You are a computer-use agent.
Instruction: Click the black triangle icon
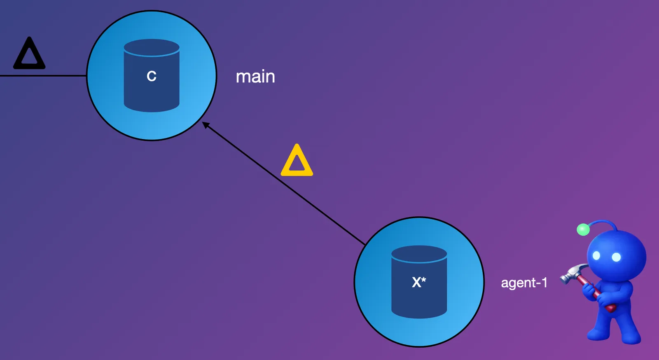click(x=29, y=54)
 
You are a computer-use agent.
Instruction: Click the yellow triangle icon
click(x=297, y=161)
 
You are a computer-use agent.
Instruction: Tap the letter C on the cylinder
click(x=152, y=76)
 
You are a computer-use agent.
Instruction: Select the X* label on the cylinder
click(x=419, y=282)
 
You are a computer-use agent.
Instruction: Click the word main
click(x=255, y=77)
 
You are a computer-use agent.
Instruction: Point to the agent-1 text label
click(x=524, y=283)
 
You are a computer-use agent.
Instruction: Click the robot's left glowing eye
click(x=596, y=256)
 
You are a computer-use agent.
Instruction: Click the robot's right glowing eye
click(x=616, y=257)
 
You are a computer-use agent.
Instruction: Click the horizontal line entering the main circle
click(x=41, y=76)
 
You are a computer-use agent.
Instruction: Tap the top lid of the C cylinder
click(x=152, y=47)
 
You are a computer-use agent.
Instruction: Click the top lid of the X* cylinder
click(x=419, y=253)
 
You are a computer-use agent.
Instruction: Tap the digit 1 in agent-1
click(x=544, y=283)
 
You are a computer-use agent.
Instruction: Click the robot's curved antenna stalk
click(x=603, y=222)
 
